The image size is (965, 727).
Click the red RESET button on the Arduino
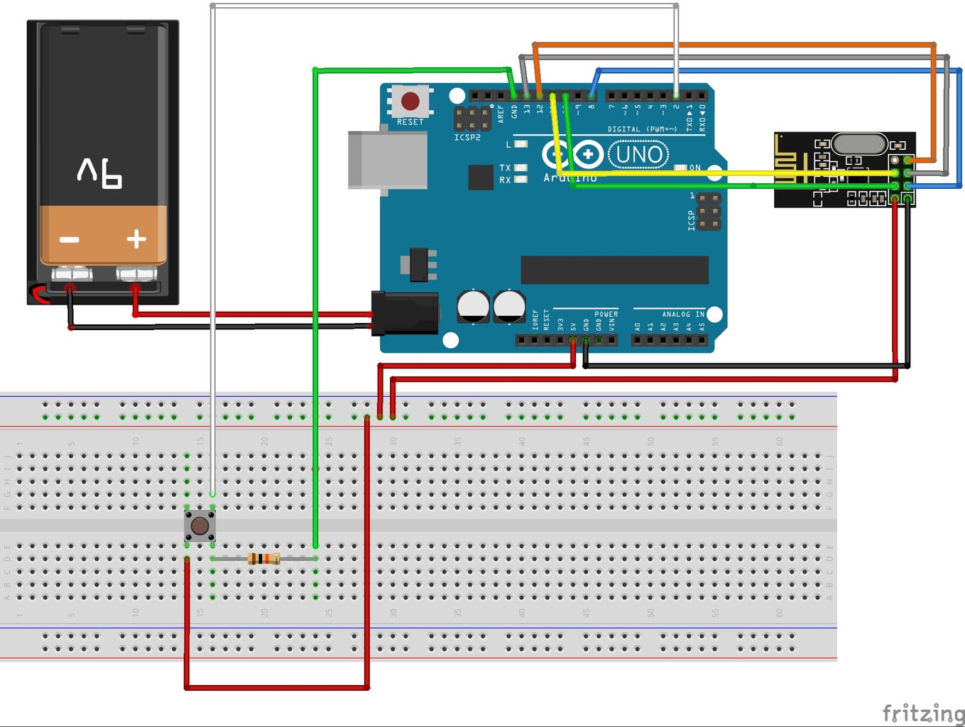(410, 100)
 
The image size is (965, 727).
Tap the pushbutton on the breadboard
(200, 526)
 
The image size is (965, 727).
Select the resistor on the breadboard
(263, 559)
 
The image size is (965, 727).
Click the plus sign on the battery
(136, 239)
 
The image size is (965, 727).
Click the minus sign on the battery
(70, 240)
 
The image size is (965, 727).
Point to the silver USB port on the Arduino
(387, 160)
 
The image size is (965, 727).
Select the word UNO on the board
(639, 154)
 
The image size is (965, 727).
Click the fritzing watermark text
(923, 712)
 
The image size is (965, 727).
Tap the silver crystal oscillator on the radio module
(859, 144)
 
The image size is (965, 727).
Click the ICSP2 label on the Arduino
(467, 137)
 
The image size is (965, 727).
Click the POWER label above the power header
(606, 314)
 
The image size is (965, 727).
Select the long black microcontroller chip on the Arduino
(614, 270)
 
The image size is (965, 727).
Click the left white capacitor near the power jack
(473, 306)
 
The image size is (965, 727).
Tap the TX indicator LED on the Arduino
(520, 168)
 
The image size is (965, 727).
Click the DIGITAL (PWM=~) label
(641, 129)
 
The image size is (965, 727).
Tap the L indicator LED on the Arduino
(520, 144)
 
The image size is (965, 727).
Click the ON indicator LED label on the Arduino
(694, 168)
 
